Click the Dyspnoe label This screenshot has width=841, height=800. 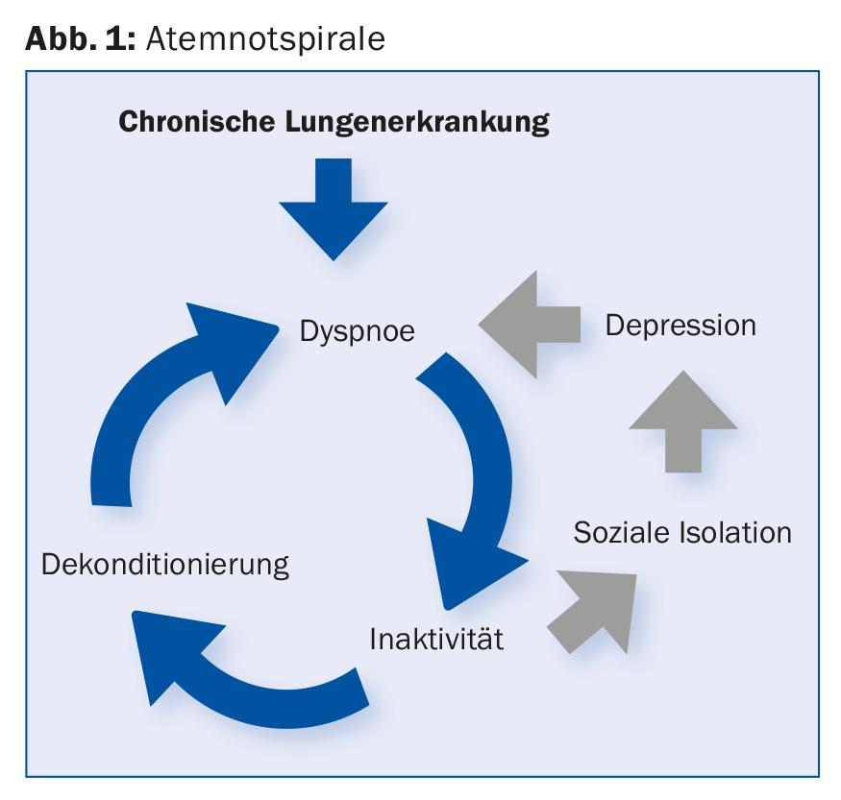pyautogui.click(x=357, y=331)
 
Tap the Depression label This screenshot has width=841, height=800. pyautogui.click(x=680, y=326)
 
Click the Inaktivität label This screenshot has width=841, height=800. pyautogui.click(x=436, y=639)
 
